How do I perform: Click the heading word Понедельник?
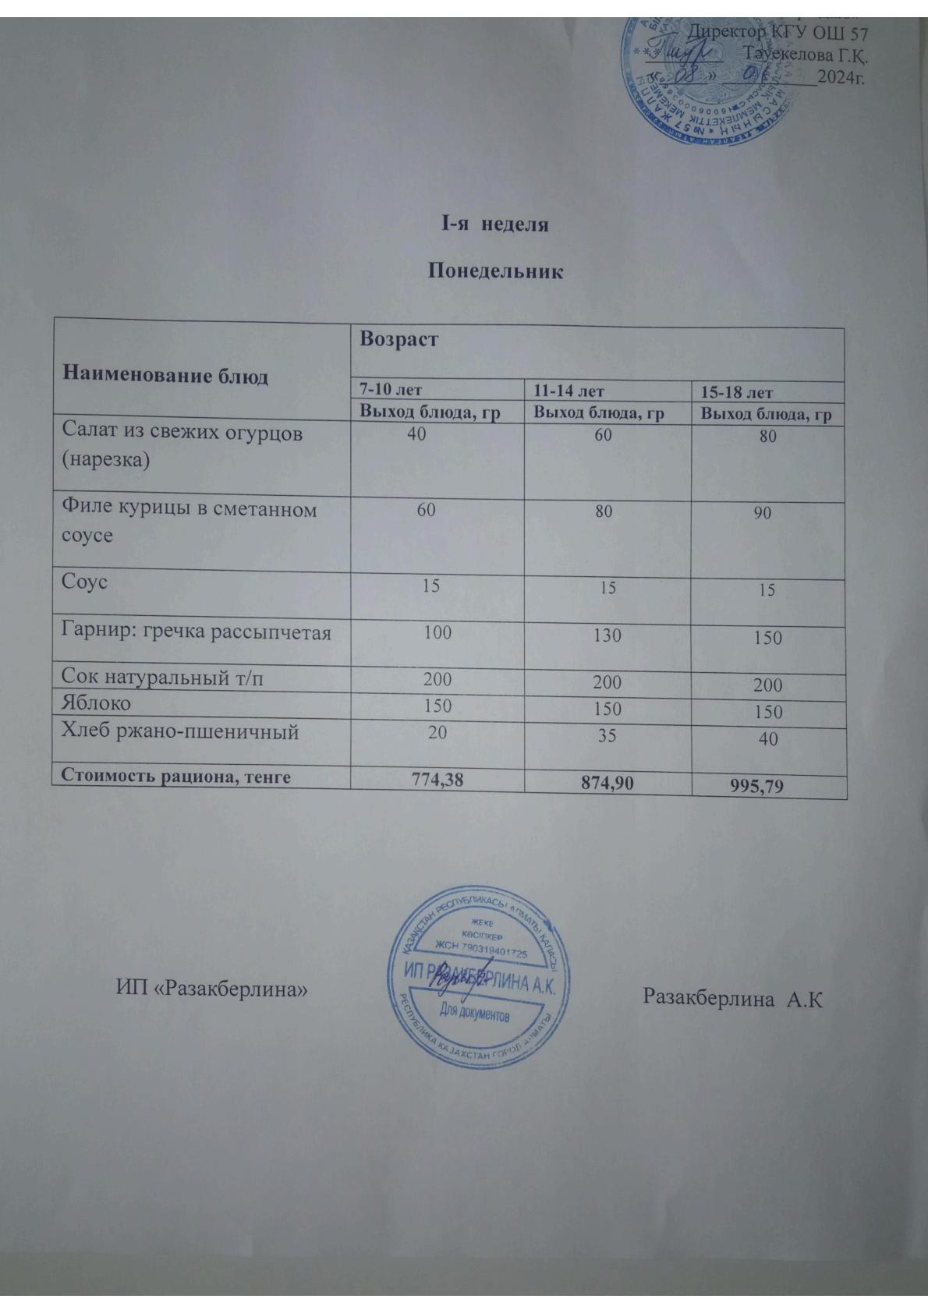click(495, 272)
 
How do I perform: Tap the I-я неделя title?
click(495, 225)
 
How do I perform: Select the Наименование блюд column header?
click(165, 376)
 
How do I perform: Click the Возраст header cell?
click(398, 340)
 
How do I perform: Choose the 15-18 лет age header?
click(737, 393)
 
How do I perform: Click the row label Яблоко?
click(97, 703)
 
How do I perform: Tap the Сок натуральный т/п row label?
click(163, 678)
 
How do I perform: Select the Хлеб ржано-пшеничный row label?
click(180, 731)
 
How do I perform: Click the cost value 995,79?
click(768, 787)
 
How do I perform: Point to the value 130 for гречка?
click(607, 635)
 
